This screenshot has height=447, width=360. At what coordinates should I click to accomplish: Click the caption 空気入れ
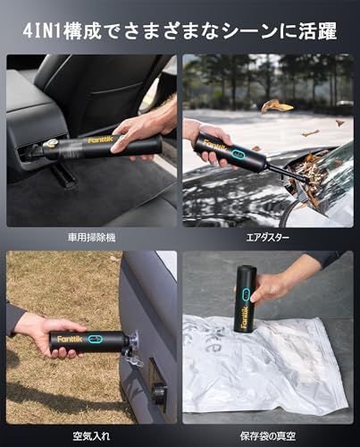[92, 435]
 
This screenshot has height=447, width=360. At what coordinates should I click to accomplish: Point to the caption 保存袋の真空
[268, 435]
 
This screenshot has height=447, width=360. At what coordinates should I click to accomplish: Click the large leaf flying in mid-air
[276, 105]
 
